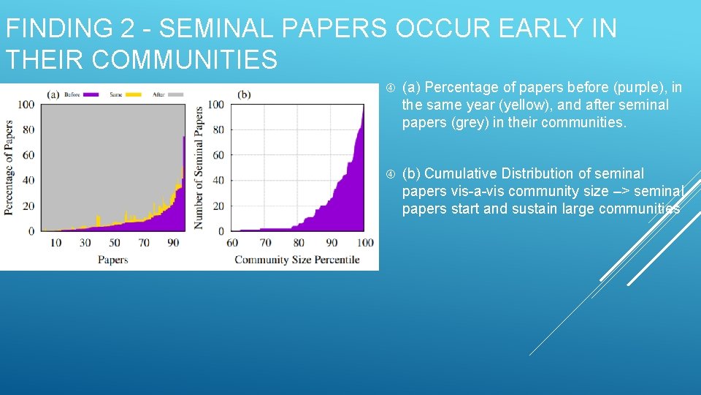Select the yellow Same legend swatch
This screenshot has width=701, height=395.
134,94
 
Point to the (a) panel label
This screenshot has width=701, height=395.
53,94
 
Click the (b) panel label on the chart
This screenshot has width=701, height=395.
244,94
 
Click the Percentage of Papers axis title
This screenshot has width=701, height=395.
9,167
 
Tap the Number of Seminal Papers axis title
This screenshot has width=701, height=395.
198,168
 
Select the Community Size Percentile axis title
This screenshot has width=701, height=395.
297,260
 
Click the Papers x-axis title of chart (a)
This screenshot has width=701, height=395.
113,260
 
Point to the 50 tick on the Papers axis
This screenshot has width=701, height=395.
114,243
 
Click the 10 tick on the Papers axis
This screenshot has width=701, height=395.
55,243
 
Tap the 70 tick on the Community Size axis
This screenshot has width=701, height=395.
265,243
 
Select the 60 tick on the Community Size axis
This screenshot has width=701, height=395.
232,243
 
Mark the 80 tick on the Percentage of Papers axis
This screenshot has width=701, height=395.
27,129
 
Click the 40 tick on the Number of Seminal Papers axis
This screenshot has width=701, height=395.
218,180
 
